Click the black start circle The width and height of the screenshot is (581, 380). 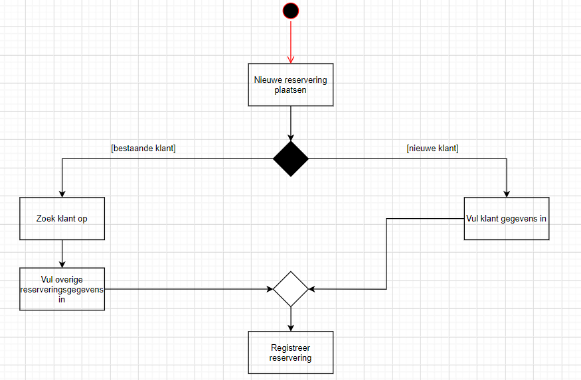pos(291,11)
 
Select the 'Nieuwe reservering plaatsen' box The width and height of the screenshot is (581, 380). pos(291,84)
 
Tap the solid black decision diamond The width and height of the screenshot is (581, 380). pos(291,158)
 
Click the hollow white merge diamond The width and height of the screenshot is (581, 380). pos(291,289)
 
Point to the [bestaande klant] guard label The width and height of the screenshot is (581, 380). pos(143,149)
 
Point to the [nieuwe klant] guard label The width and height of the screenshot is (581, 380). pos(432,149)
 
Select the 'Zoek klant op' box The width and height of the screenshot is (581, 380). pos(62,218)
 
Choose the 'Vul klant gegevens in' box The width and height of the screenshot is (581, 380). pos(507,218)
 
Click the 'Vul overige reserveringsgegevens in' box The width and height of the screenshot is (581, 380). pos(62,289)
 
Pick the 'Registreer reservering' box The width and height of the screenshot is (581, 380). pos(291,353)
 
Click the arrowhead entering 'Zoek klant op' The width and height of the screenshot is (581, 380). pos(62,194)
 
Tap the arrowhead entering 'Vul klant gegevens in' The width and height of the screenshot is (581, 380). pos(507,194)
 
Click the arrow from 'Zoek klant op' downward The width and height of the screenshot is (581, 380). pos(62,253)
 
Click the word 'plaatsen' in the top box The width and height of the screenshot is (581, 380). pos(291,90)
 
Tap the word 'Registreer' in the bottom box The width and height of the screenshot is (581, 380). pos(291,348)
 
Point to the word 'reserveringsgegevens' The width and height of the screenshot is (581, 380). pos(62,289)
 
